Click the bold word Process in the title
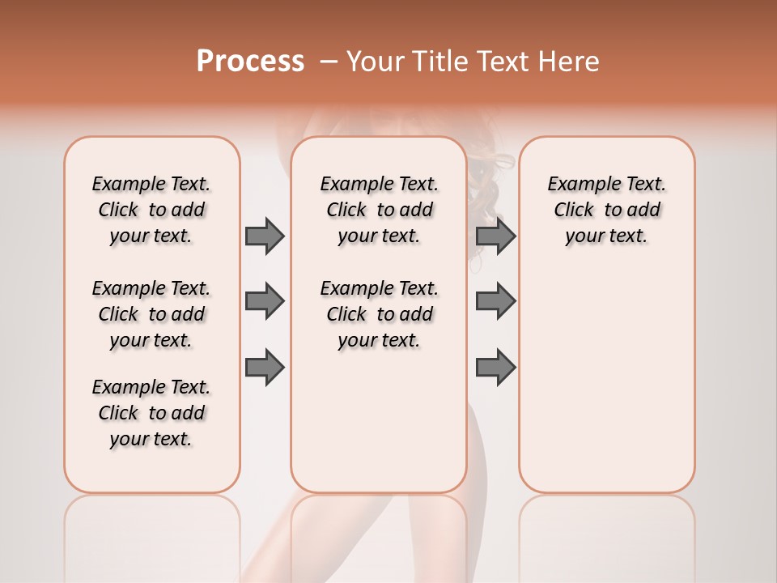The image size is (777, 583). point(250,62)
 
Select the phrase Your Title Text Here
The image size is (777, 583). point(473,62)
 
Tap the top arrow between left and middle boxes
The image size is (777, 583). point(265,236)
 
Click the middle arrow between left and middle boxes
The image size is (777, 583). point(265,301)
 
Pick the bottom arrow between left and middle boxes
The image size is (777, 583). point(265,368)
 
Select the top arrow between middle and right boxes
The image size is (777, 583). point(495,236)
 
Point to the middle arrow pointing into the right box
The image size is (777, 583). point(495,301)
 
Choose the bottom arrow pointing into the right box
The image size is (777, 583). point(495,368)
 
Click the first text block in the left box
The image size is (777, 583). point(151,210)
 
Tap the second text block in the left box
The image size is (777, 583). point(151,314)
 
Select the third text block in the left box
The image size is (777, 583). point(151,413)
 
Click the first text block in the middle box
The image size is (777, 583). point(379,210)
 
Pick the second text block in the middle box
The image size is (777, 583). point(379,314)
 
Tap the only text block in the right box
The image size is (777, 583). point(606,210)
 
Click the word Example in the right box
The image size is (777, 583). point(579,185)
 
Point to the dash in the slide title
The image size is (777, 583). point(329,62)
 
